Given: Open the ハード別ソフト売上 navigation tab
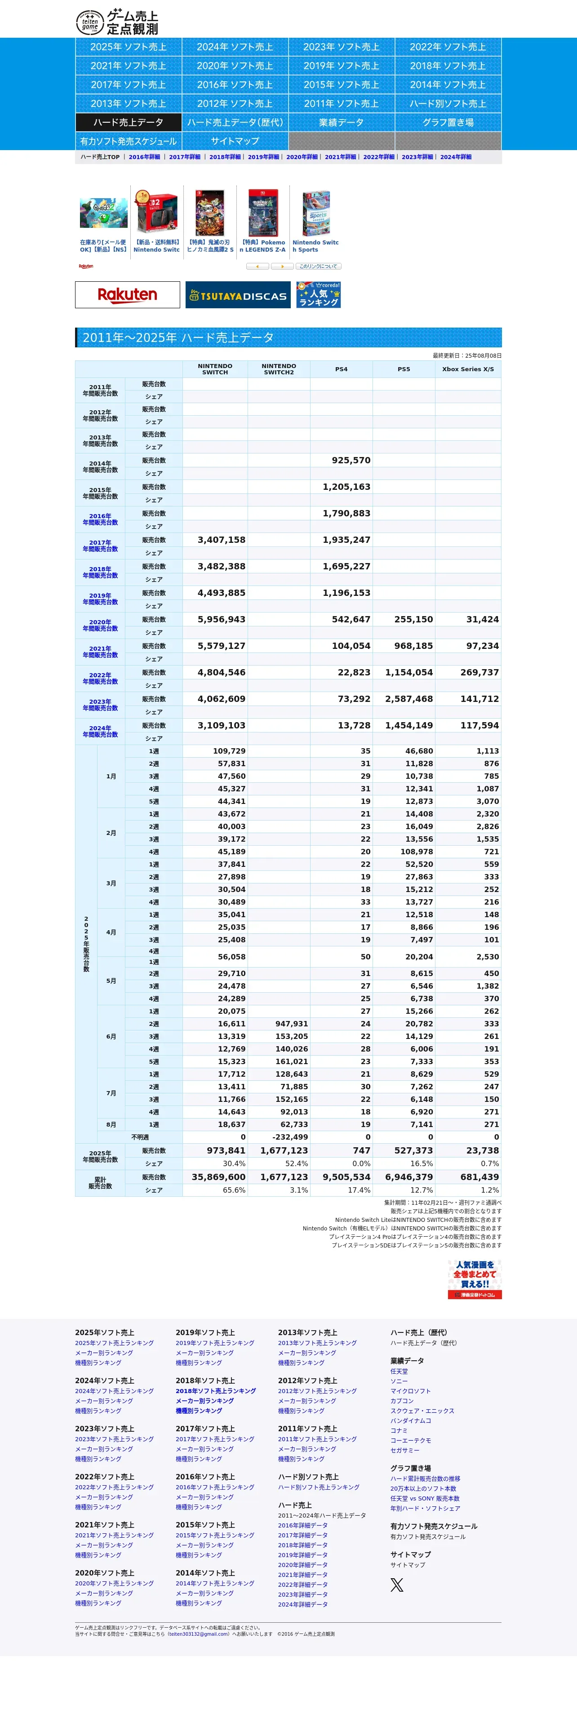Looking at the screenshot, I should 448,103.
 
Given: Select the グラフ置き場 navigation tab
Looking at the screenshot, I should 448,122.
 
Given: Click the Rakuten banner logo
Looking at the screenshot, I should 128,294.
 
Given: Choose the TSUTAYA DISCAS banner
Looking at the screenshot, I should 238,295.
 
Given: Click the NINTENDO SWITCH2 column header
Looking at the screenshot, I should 279,369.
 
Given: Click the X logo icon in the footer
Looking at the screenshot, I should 397,1585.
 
